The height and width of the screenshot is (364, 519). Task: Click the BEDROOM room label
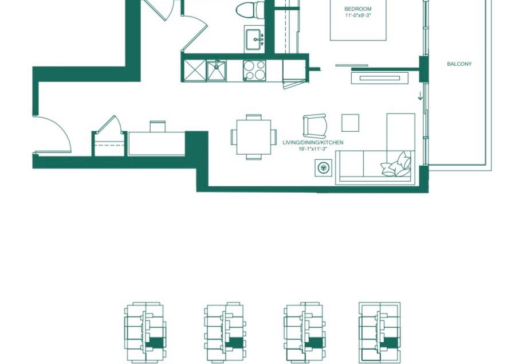(358, 9)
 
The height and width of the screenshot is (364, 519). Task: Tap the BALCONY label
(459, 64)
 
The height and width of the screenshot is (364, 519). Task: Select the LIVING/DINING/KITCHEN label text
(313, 142)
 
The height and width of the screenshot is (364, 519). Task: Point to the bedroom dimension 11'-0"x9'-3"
(357, 15)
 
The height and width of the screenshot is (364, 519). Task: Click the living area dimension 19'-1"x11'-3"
(313, 149)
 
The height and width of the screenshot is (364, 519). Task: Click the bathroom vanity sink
(255, 38)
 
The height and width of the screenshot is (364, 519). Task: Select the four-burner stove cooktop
(254, 70)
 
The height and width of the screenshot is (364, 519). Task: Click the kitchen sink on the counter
(217, 70)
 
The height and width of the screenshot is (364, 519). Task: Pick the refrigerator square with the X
(195, 70)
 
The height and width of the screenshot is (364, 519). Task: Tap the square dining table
(254, 137)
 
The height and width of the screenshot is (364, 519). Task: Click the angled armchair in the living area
(314, 126)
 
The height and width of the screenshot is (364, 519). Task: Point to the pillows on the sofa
(396, 165)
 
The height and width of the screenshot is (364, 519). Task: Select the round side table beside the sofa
(324, 168)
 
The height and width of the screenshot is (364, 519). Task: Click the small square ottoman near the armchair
(350, 123)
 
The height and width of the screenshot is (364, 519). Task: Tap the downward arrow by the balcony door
(420, 96)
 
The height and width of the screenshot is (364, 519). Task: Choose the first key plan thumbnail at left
(145, 332)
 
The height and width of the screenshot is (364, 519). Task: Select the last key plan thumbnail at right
(380, 332)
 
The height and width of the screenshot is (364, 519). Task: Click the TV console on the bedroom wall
(380, 79)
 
